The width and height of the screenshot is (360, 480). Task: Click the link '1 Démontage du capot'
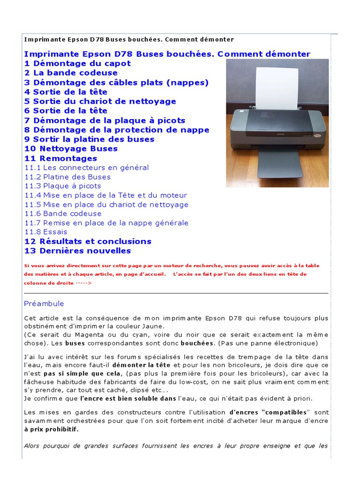point(77,63)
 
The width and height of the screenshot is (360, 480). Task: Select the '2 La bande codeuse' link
point(71,73)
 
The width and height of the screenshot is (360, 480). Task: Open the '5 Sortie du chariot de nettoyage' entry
point(100,101)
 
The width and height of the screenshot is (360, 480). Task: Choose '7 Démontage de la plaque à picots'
point(105,120)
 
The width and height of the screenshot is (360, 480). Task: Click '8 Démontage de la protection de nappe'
point(117,130)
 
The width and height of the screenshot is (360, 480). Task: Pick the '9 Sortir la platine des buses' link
point(89,139)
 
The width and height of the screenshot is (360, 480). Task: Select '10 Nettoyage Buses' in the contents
point(71,149)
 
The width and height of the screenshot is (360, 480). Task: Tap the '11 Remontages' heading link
point(60,158)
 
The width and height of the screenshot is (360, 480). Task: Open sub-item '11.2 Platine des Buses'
point(67,177)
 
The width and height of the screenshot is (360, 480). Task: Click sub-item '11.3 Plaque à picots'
point(62,186)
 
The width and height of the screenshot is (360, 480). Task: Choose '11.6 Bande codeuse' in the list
point(63,213)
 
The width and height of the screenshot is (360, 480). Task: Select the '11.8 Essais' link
point(45,232)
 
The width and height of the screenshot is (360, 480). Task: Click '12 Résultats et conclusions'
point(88,241)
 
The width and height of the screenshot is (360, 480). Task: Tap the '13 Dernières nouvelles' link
point(77,251)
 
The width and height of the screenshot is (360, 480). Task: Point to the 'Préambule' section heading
point(44,304)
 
